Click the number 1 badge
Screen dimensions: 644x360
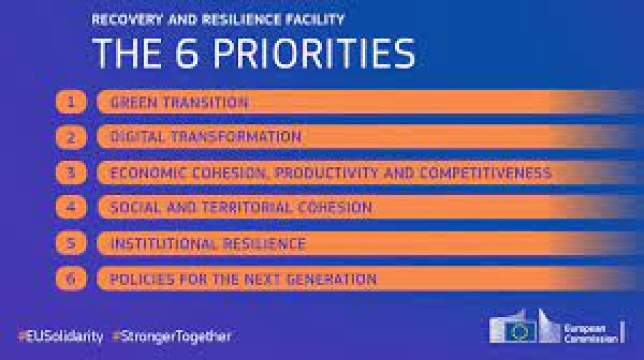coord(71,102)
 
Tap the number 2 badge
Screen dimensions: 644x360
coord(71,137)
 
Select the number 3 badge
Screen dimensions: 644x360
coord(71,172)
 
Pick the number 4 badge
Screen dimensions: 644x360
coord(71,207)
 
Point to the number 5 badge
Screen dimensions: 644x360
coord(71,243)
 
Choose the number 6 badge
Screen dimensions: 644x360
coord(71,279)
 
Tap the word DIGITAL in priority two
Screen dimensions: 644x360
coord(137,137)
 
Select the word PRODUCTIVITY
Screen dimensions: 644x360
coord(327,173)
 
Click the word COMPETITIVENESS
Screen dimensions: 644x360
coord(485,173)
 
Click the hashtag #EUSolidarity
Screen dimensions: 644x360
coord(60,337)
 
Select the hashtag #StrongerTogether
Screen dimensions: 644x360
coord(172,337)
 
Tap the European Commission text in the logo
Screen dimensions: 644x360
coord(590,334)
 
